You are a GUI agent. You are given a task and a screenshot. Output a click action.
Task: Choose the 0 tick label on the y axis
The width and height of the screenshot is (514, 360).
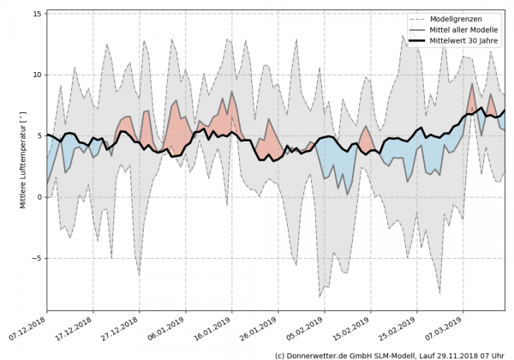[x=39, y=197]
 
